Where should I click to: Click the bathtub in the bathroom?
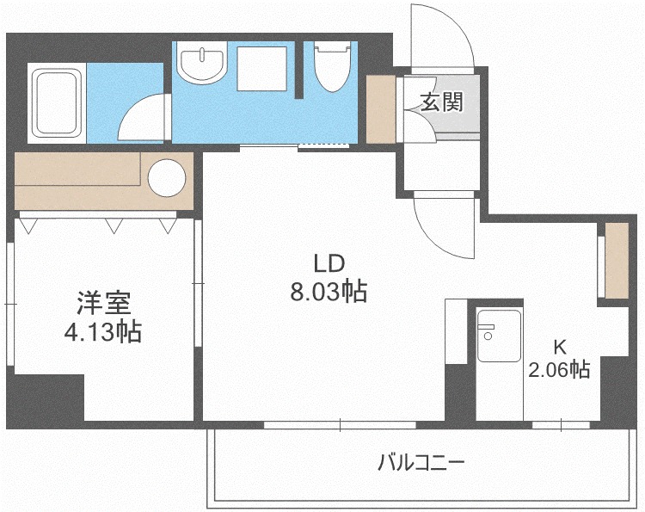(x=57, y=103)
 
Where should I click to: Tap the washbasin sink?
(x=202, y=62)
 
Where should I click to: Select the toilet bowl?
(x=333, y=66)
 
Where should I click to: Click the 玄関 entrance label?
(x=442, y=102)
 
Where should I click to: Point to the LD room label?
(x=329, y=263)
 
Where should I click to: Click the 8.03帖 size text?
(x=329, y=292)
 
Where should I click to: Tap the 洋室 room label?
(x=104, y=303)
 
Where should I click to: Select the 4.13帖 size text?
(x=103, y=332)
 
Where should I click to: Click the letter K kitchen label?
(x=560, y=349)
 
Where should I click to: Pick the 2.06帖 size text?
(x=560, y=370)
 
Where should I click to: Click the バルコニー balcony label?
(x=421, y=462)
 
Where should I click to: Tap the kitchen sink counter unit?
(x=500, y=363)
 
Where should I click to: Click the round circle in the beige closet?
(x=167, y=177)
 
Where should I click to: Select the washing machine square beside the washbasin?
(x=261, y=68)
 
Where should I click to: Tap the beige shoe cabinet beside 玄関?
(x=381, y=109)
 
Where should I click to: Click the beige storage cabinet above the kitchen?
(x=617, y=261)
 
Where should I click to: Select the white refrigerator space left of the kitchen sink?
(x=456, y=331)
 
